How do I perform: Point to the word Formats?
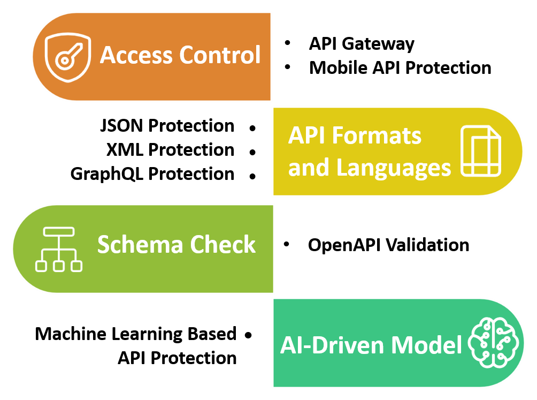click(377, 135)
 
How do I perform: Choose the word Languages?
click(394, 168)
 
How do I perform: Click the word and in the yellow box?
click(309, 168)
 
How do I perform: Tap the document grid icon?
click(480, 150)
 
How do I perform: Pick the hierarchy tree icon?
click(59, 249)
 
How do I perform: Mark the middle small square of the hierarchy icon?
click(59, 266)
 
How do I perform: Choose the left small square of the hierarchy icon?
click(41, 266)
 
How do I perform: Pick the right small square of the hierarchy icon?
click(76, 266)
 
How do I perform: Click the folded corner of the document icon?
click(496, 132)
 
